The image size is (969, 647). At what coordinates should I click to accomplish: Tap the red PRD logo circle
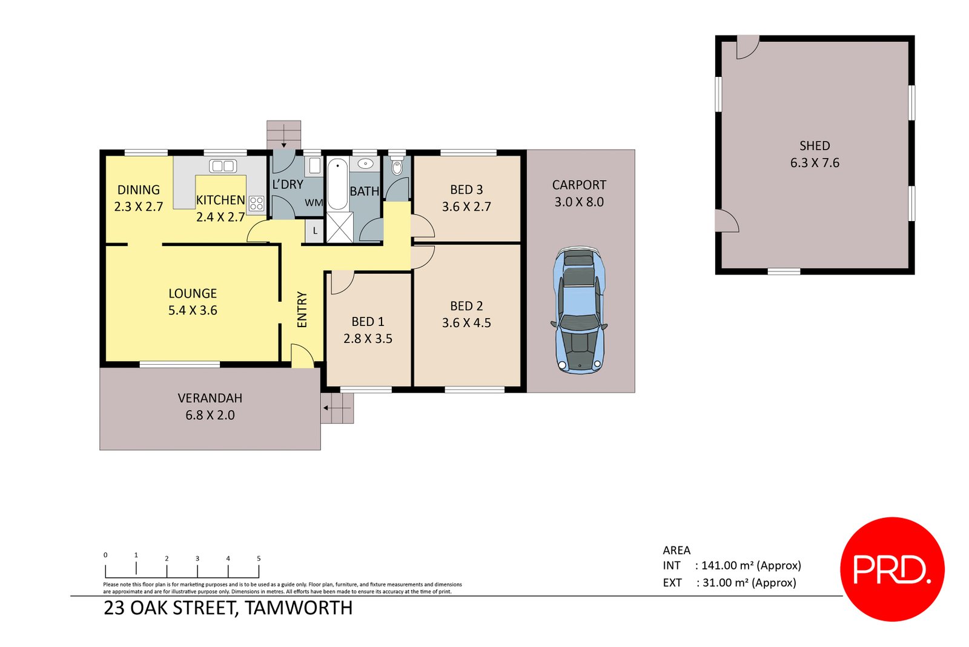[x=892, y=569]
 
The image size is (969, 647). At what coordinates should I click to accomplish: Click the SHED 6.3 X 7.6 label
[x=815, y=154]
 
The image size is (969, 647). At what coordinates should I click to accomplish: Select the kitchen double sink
[x=222, y=166]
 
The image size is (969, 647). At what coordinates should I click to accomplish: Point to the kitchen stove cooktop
[x=256, y=204]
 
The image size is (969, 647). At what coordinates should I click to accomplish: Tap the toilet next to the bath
[x=397, y=167]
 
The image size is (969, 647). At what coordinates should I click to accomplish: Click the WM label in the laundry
[x=313, y=203]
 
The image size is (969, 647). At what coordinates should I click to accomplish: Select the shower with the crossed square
[x=339, y=227]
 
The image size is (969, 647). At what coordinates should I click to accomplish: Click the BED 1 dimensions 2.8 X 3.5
[x=368, y=339]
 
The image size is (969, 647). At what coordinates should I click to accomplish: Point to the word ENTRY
[x=302, y=310]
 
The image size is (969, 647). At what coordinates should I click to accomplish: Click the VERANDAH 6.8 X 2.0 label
[x=210, y=406]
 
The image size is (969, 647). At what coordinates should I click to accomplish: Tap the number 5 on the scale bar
[x=259, y=559]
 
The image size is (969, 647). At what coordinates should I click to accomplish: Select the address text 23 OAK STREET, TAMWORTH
[x=228, y=608]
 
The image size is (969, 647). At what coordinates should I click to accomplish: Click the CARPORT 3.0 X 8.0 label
[x=579, y=193]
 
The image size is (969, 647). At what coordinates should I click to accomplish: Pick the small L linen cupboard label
[x=315, y=231]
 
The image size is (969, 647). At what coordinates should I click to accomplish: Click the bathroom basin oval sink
[x=365, y=164]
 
